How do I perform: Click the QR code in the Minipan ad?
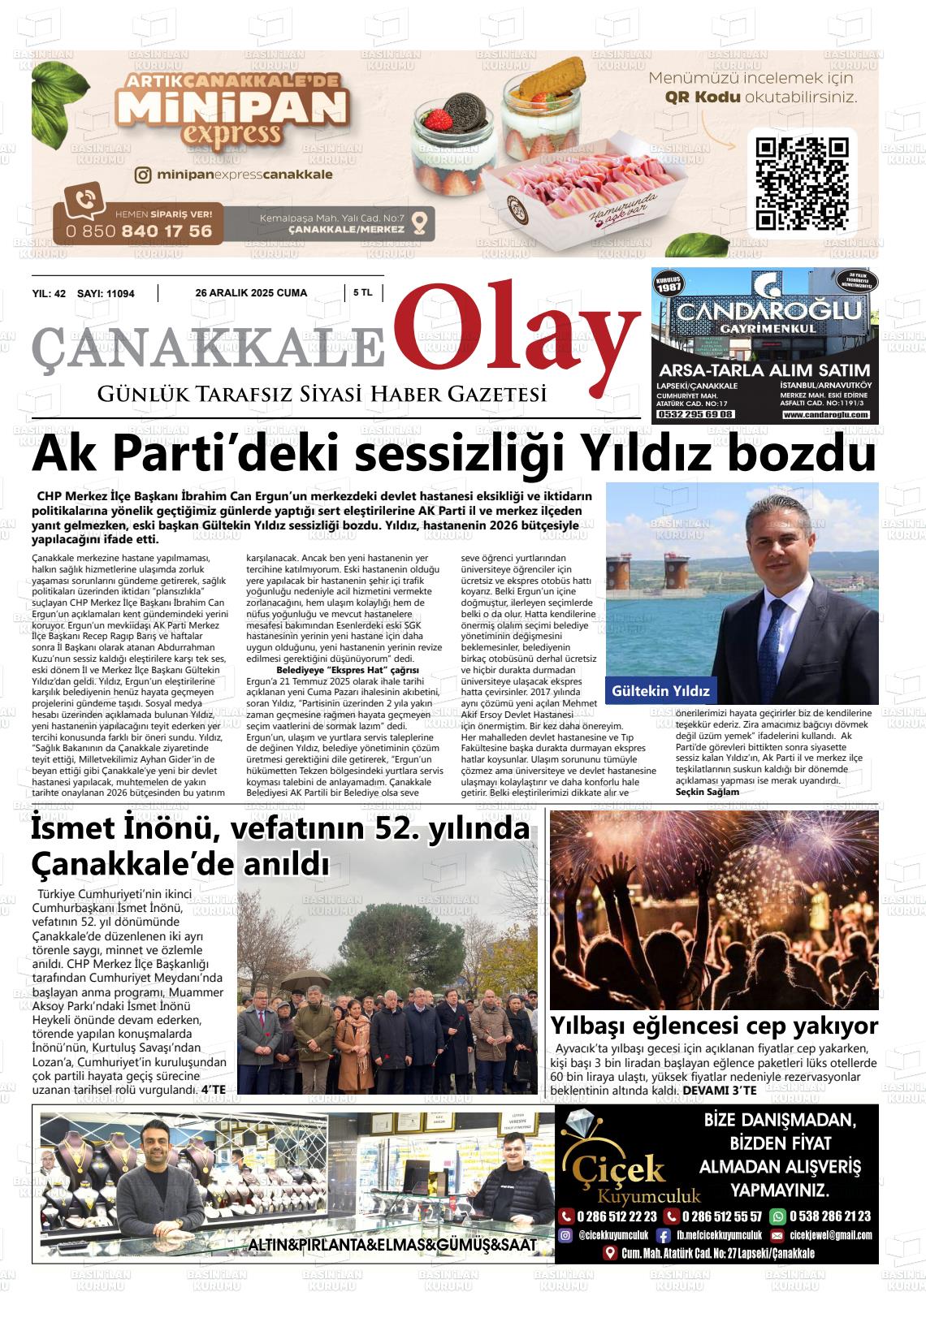(802, 183)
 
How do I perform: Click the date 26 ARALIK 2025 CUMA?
(251, 293)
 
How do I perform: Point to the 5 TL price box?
(362, 293)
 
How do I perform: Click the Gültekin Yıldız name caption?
(661, 692)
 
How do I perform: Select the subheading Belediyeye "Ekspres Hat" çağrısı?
(348, 671)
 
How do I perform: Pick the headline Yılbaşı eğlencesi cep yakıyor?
(714, 1025)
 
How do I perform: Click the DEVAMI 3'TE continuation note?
(719, 1090)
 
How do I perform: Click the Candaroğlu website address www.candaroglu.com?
(826, 415)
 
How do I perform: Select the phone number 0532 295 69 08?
(695, 415)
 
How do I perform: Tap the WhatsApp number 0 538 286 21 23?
(827, 1216)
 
